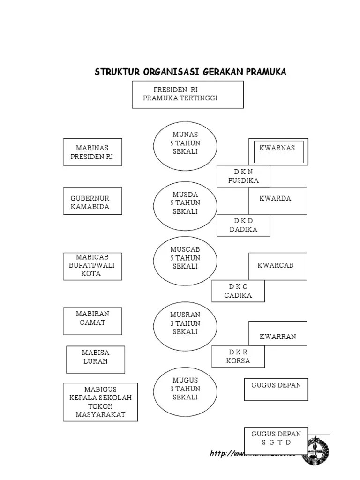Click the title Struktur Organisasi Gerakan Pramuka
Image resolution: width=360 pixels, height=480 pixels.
tap(190, 72)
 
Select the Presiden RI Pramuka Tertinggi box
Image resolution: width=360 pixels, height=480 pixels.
tap(187, 94)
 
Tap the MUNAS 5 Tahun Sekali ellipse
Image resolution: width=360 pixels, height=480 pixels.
tap(185, 143)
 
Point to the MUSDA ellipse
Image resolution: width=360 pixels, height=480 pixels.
tap(185, 203)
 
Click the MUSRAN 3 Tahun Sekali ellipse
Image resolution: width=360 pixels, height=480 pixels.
tap(185, 323)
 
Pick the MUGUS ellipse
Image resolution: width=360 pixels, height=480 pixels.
tap(185, 389)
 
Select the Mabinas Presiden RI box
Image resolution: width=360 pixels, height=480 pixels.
tap(92, 152)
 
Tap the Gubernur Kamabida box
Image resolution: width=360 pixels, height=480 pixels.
tap(92, 201)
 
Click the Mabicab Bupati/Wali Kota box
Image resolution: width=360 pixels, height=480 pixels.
tap(92, 266)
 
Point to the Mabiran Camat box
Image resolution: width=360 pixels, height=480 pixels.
tap(92, 321)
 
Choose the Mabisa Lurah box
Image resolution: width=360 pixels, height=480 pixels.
tap(95, 360)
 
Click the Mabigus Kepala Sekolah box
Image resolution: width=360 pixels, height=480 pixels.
tap(100, 402)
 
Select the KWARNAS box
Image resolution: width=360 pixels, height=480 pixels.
tap(278, 151)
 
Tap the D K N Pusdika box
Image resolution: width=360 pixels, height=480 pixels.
tap(243, 176)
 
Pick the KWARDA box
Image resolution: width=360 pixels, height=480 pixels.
tap(278, 201)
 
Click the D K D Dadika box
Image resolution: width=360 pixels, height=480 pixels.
tap(243, 225)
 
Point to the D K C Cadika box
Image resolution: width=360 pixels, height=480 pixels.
tap(238, 291)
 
